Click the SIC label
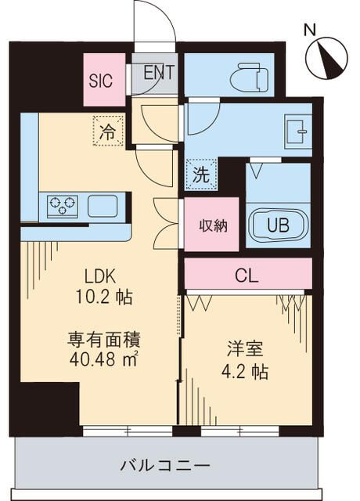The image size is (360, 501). [x=100, y=80]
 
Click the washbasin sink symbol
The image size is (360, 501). [x=297, y=131]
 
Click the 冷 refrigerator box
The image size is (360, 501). [x=108, y=131]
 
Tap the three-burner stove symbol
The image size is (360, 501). [x=63, y=207]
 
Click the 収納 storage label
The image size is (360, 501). [x=211, y=225]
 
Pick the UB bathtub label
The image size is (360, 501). [x=278, y=225]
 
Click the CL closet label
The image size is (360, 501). [x=247, y=276]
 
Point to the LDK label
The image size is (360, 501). [x=101, y=276]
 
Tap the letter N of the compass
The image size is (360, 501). [x=310, y=30]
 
